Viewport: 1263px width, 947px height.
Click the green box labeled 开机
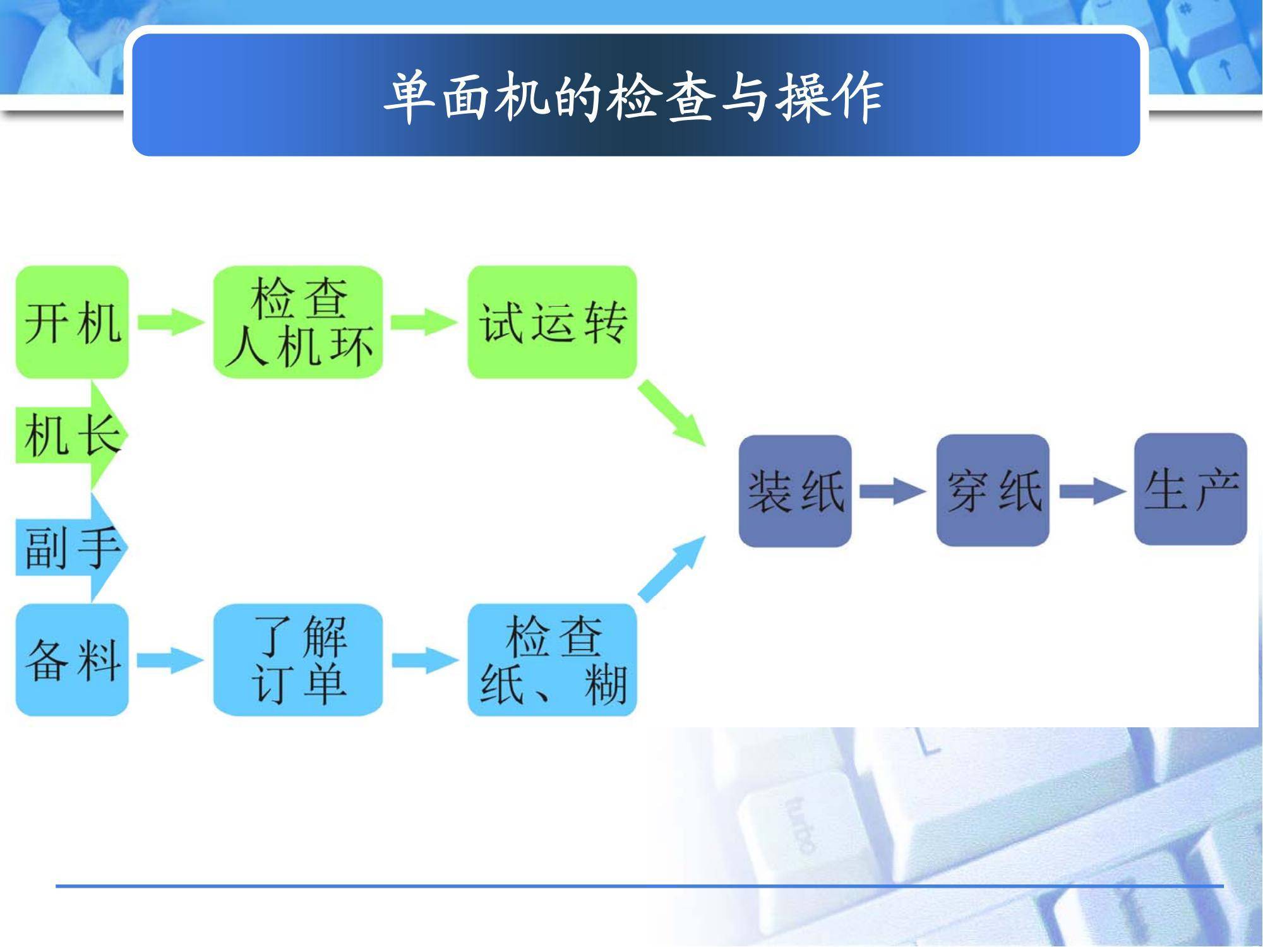pyautogui.click(x=72, y=322)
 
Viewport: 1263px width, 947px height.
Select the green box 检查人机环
pyautogui.click(x=298, y=322)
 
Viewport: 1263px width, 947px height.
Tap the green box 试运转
pyautogui.click(x=552, y=322)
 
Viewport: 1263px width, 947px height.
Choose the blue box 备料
pyautogui.click(x=72, y=660)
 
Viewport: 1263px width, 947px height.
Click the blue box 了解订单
pyautogui.click(x=298, y=660)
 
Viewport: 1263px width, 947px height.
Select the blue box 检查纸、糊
pyautogui.click(x=552, y=660)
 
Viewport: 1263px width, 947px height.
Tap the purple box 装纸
pyautogui.click(x=795, y=491)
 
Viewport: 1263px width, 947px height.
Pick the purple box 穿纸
pyautogui.click(x=993, y=491)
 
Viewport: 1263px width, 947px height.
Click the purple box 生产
pyautogui.click(x=1190, y=489)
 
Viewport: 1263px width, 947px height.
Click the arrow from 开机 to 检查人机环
pyautogui.click(x=171, y=322)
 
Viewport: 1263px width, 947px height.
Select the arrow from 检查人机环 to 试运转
pyautogui.click(x=425, y=322)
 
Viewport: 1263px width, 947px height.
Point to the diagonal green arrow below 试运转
pyautogui.click(x=671, y=413)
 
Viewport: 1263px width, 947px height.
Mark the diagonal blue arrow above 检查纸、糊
pyautogui.click(x=671, y=569)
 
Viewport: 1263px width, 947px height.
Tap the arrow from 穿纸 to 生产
pyautogui.click(x=1092, y=491)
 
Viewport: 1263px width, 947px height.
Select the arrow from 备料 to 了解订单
pyautogui.click(x=171, y=660)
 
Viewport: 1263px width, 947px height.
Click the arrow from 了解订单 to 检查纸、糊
pyautogui.click(x=425, y=660)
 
